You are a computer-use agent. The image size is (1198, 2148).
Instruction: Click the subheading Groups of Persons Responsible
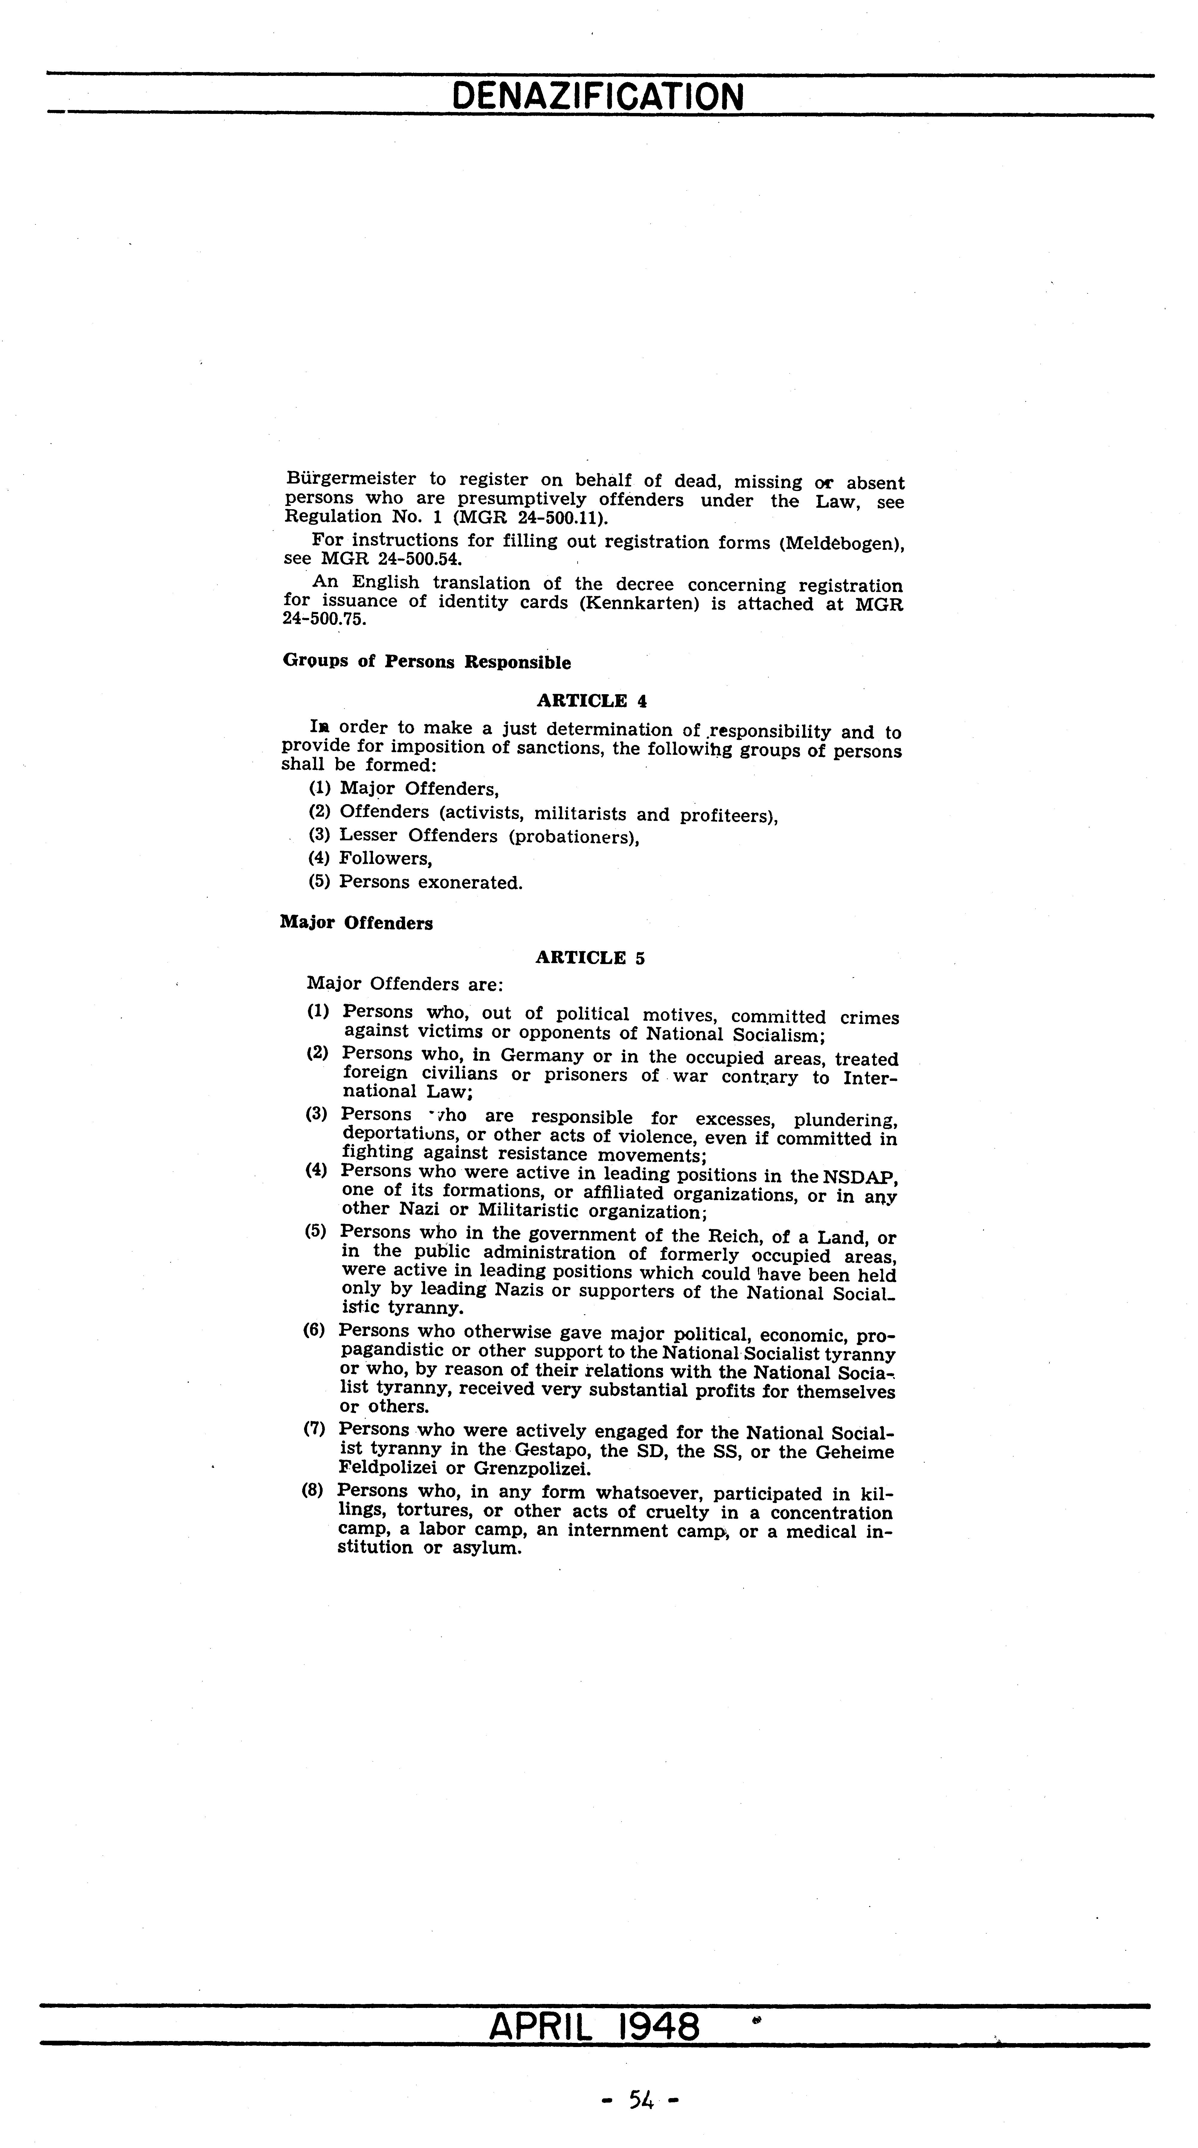(x=427, y=662)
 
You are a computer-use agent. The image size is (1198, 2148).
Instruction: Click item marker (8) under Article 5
(x=313, y=1490)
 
